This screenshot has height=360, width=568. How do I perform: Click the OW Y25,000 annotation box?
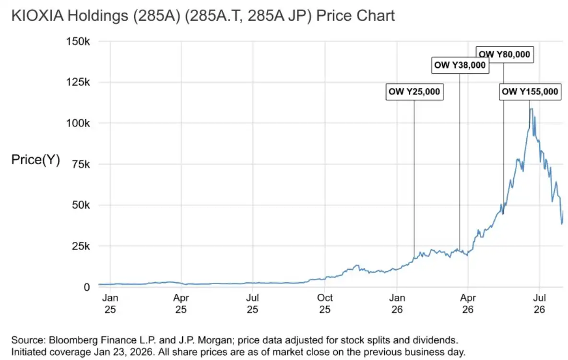pyautogui.click(x=414, y=91)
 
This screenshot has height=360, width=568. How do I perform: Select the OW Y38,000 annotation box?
pyautogui.click(x=460, y=65)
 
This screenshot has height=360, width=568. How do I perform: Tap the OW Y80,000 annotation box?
pyautogui.click(x=504, y=54)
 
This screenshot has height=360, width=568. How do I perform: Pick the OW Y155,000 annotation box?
pyautogui.click(x=530, y=91)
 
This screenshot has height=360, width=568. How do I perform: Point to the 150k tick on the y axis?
pyautogui.click(x=78, y=41)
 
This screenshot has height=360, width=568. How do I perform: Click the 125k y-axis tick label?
pyautogui.click(x=78, y=82)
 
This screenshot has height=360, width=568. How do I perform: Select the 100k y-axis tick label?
pyautogui.click(x=78, y=123)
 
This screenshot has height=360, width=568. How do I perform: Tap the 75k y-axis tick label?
pyautogui.click(x=81, y=164)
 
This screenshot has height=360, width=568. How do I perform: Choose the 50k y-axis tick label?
pyautogui.click(x=81, y=205)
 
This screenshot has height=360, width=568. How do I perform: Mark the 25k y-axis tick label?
pyautogui.click(x=81, y=246)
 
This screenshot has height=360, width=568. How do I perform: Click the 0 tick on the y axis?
pyautogui.click(x=86, y=287)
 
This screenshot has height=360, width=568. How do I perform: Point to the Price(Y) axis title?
pyautogui.click(x=35, y=160)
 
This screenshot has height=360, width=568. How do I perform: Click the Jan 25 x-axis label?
pyautogui.click(x=110, y=303)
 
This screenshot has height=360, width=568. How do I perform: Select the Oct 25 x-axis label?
pyautogui.click(x=325, y=303)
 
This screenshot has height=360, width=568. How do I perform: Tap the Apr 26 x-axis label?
pyautogui.click(x=468, y=303)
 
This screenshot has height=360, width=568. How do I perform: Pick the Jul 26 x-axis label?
pyautogui.click(x=540, y=303)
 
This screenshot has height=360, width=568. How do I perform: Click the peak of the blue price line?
pyautogui.click(x=531, y=109)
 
